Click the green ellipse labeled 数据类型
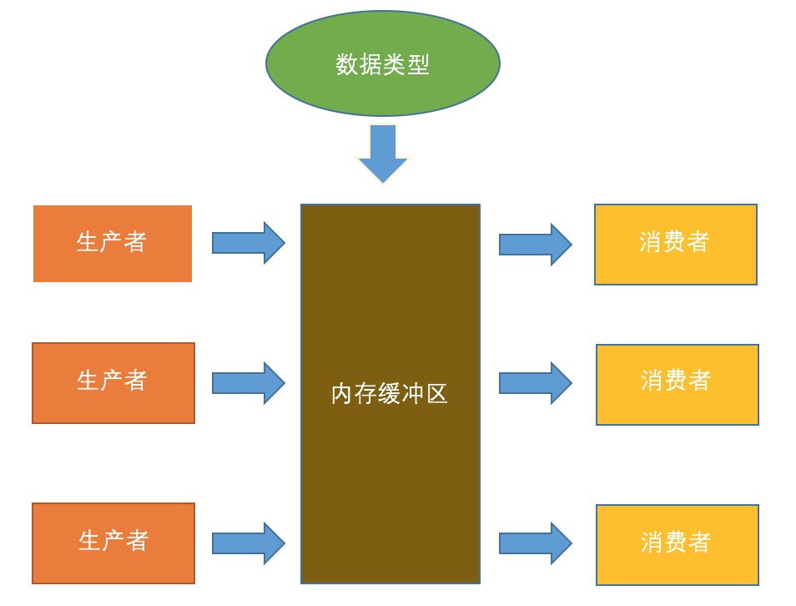pyautogui.click(x=382, y=92)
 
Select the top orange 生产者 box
pyautogui.click(x=113, y=243)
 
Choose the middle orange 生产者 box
pyautogui.click(x=113, y=382)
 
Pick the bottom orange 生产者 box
pyautogui.click(x=113, y=543)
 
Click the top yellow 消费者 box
pyautogui.click(x=675, y=244)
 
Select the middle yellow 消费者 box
pyautogui.click(x=677, y=384)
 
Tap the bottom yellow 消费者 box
pyautogui.click(x=677, y=544)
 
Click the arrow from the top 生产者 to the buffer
pyautogui.click(x=248, y=243)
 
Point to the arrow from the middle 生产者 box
pyautogui.click(x=248, y=383)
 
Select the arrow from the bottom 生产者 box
pyautogui.click(x=248, y=543)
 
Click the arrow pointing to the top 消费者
pyautogui.click(x=535, y=244)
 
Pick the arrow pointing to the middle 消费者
pyautogui.click(x=535, y=383)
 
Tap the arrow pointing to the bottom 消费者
pyautogui.click(x=535, y=543)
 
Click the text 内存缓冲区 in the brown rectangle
pyautogui.click(x=390, y=394)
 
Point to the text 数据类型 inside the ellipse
pyautogui.click(x=382, y=64)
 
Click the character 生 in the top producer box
pyautogui.click(x=88, y=242)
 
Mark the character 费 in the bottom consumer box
pyautogui.click(x=676, y=542)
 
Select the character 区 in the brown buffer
pyautogui.click(x=437, y=394)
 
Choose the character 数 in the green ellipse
pyautogui.click(x=347, y=64)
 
